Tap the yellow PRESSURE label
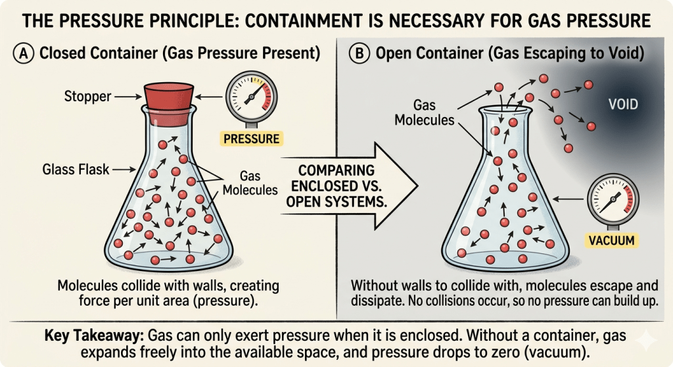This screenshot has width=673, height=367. (252, 139)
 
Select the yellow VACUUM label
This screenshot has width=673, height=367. (612, 240)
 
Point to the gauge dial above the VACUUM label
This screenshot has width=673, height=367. (613, 199)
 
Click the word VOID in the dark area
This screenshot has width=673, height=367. (623, 105)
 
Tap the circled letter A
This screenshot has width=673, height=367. (23, 54)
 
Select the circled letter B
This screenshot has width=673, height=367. (360, 54)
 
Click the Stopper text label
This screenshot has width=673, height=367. (87, 96)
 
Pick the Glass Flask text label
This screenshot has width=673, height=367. (76, 169)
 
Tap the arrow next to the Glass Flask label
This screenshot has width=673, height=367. (124, 170)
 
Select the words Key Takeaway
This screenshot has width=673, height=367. (94, 335)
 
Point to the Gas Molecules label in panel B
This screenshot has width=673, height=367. (424, 112)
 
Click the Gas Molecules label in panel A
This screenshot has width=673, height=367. (250, 183)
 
